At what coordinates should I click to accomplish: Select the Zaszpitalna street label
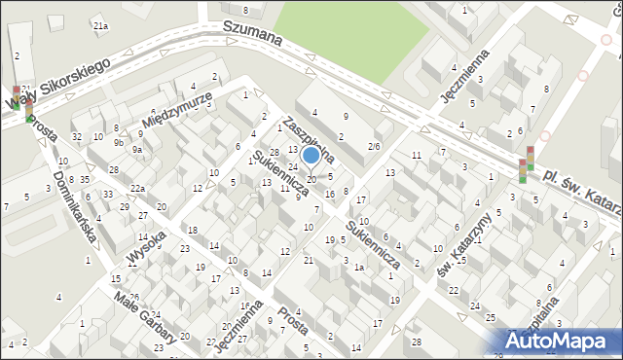coord(309,138)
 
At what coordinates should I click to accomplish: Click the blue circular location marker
coord(311,155)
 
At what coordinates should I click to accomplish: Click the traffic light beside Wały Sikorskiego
coord(21,97)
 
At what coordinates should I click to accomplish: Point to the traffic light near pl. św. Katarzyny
coord(527,163)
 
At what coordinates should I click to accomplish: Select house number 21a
coord(100,26)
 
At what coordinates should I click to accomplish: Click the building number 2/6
coord(374,146)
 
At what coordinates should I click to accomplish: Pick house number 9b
coord(119,142)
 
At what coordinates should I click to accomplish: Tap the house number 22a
coord(138,189)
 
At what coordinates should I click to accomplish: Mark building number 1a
coord(358,267)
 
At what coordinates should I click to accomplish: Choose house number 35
coord(85,180)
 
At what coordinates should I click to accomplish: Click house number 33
coord(108,195)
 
